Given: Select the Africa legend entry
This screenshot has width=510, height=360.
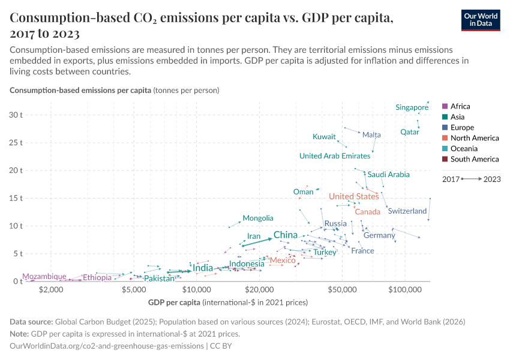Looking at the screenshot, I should [460, 106].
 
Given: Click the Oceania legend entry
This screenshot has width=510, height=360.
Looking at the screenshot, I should [463, 149].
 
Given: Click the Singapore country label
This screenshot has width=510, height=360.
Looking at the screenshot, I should [412, 107].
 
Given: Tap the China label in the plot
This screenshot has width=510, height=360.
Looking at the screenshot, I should [286, 235].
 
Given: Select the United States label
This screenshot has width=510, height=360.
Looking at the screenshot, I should [353, 197].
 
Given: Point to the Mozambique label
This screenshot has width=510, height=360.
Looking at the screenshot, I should [44, 277].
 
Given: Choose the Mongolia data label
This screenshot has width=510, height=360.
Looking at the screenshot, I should [258, 218].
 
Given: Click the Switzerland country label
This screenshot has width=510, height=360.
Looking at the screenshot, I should [407, 211].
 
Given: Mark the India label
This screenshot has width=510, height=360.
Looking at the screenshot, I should [203, 268].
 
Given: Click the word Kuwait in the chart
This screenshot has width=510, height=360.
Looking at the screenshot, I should [324, 137].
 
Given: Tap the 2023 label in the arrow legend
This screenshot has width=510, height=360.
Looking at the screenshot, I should [492, 179].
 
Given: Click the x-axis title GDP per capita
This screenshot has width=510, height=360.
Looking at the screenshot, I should [174, 302].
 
